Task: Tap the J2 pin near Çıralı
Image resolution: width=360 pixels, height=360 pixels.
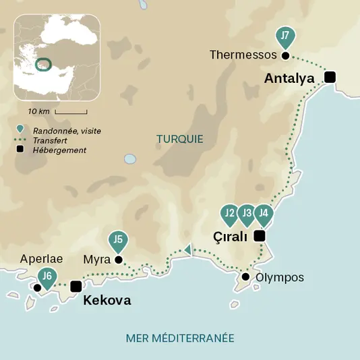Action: [x=229, y=214]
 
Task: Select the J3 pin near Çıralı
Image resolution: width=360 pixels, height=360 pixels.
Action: [x=247, y=214]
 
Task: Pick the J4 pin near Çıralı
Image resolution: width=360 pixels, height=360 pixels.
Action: [x=264, y=214]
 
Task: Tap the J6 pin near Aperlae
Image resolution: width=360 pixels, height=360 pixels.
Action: [x=46, y=276]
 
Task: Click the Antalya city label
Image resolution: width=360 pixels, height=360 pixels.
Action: [x=289, y=79]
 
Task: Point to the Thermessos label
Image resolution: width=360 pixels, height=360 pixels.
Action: [x=243, y=55]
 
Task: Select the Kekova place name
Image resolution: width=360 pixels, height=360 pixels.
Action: [x=107, y=301]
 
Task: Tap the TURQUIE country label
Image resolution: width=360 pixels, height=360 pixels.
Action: [x=179, y=139]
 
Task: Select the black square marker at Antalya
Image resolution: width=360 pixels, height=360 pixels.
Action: [x=330, y=77]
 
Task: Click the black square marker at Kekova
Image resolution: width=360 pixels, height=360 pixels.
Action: [x=76, y=287]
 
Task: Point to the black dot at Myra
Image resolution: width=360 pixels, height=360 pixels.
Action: [x=119, y=260]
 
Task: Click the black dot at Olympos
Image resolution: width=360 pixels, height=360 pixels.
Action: [x=246, y=277]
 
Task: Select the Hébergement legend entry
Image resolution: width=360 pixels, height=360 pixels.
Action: [x=59, y=150]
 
